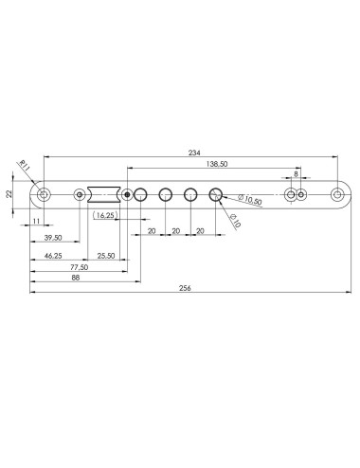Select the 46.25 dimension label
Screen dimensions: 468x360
coord(53,256)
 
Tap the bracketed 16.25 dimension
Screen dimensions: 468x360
coord(107,216)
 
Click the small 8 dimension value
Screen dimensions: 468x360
coord(296,174)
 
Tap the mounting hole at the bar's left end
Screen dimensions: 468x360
coord(44,195)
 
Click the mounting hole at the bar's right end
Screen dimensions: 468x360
coord(336,195)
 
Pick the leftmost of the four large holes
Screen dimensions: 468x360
coord(140,195)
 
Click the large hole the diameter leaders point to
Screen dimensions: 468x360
coord(215,195)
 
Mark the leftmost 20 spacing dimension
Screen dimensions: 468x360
coord(152,230)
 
